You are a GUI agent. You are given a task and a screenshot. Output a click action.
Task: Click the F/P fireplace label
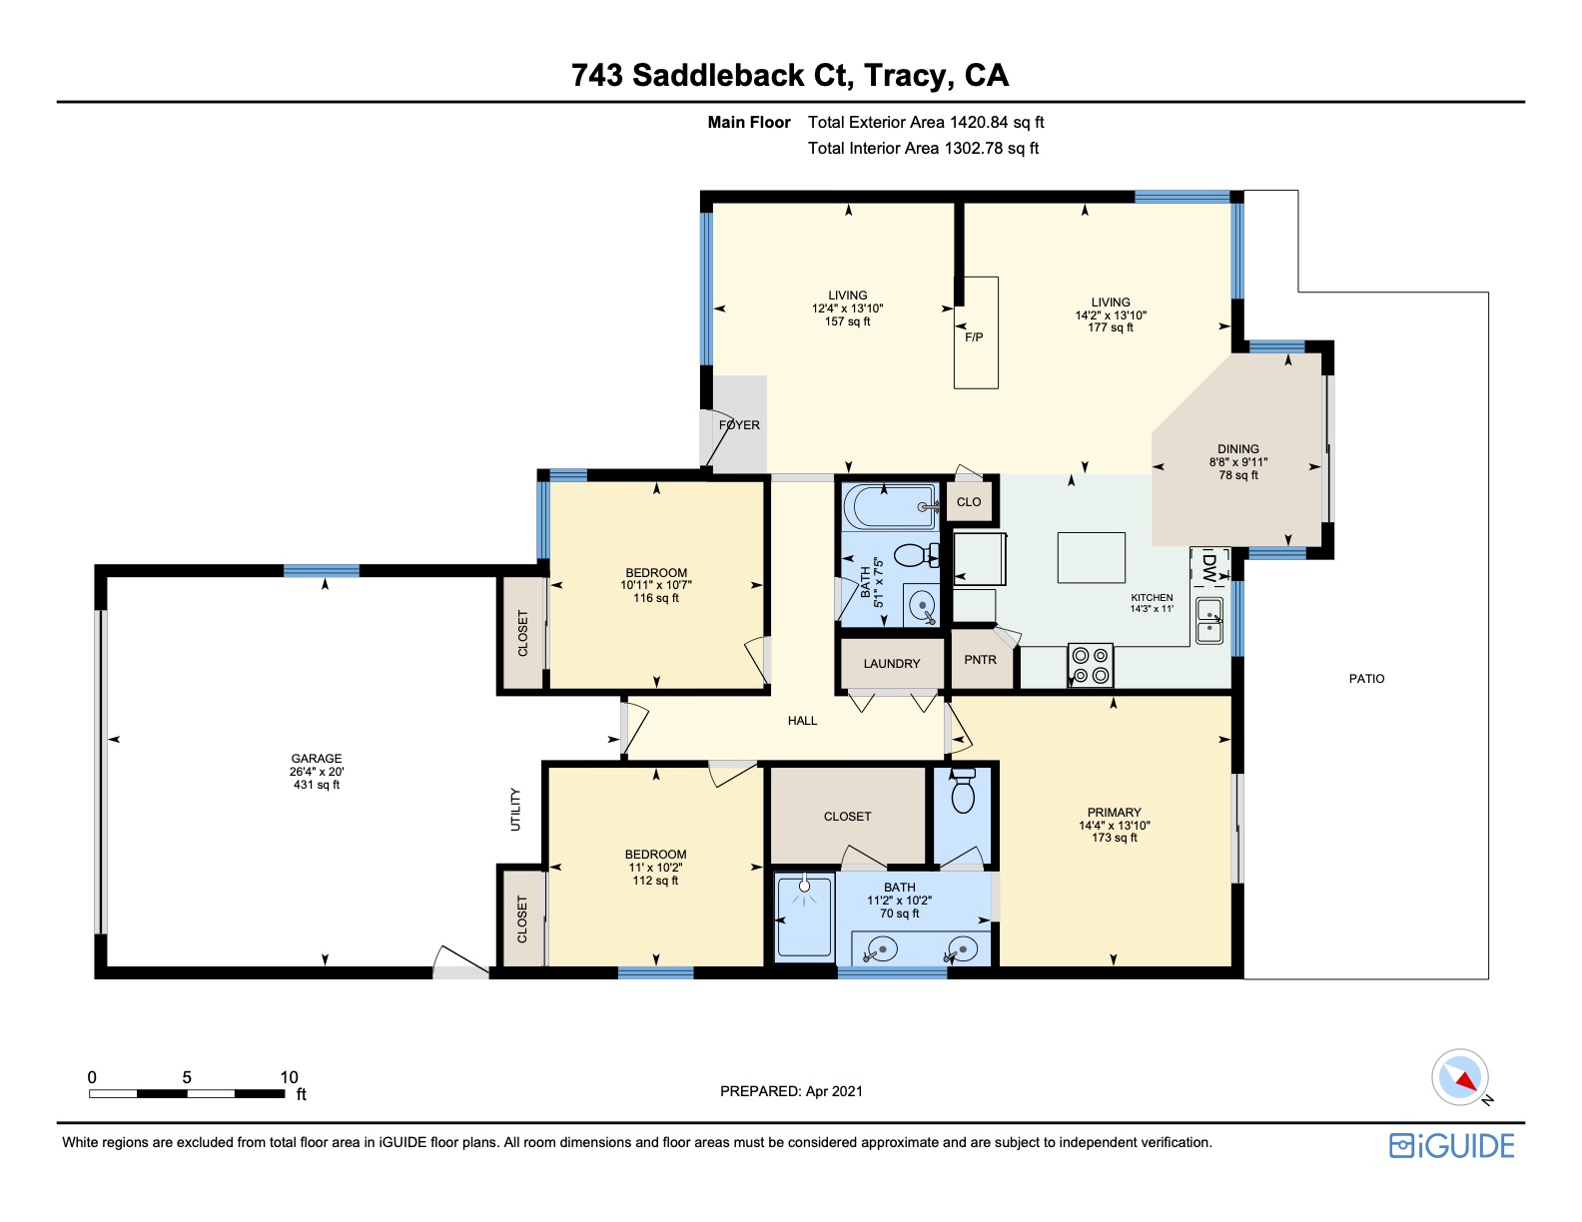click(x=974, y=337)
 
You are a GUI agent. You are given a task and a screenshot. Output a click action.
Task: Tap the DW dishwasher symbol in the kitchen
click(x=1209, y=567)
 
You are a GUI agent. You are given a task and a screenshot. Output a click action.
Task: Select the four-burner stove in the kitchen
click(x=1090, y=665)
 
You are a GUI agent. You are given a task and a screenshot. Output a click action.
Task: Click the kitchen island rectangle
click(x=1091, y=557)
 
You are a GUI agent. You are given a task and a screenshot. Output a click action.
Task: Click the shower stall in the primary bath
click(x=804, y=916)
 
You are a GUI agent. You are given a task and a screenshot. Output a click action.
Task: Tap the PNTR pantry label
click(x=980, y=659)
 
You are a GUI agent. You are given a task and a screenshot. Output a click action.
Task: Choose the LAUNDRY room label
click(x=891, y=663)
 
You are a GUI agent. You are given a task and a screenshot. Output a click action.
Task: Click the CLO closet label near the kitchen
click(x=968, y=501)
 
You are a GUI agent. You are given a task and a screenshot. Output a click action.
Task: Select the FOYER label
click(x=739, y=425)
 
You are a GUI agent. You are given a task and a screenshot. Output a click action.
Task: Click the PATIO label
click(x=1366, y=678)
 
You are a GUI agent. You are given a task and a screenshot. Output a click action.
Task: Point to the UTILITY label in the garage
click(x=515, y=809)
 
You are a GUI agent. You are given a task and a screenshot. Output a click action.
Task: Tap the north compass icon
click(x=1460, y=1078)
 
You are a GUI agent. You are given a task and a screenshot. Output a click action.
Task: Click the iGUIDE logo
click(x=1451, y=1145)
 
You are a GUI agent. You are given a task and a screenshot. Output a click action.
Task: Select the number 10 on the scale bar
click(x=289, y=1077)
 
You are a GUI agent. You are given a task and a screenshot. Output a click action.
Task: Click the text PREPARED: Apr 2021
click(x=791, y=1091)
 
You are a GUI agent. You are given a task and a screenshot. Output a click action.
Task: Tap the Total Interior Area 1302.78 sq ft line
click(x=923, y=149)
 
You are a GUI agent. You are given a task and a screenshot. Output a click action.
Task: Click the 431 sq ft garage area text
click(x=316, y=785)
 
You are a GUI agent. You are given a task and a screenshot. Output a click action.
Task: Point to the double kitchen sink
click(x=1209, y=620)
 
